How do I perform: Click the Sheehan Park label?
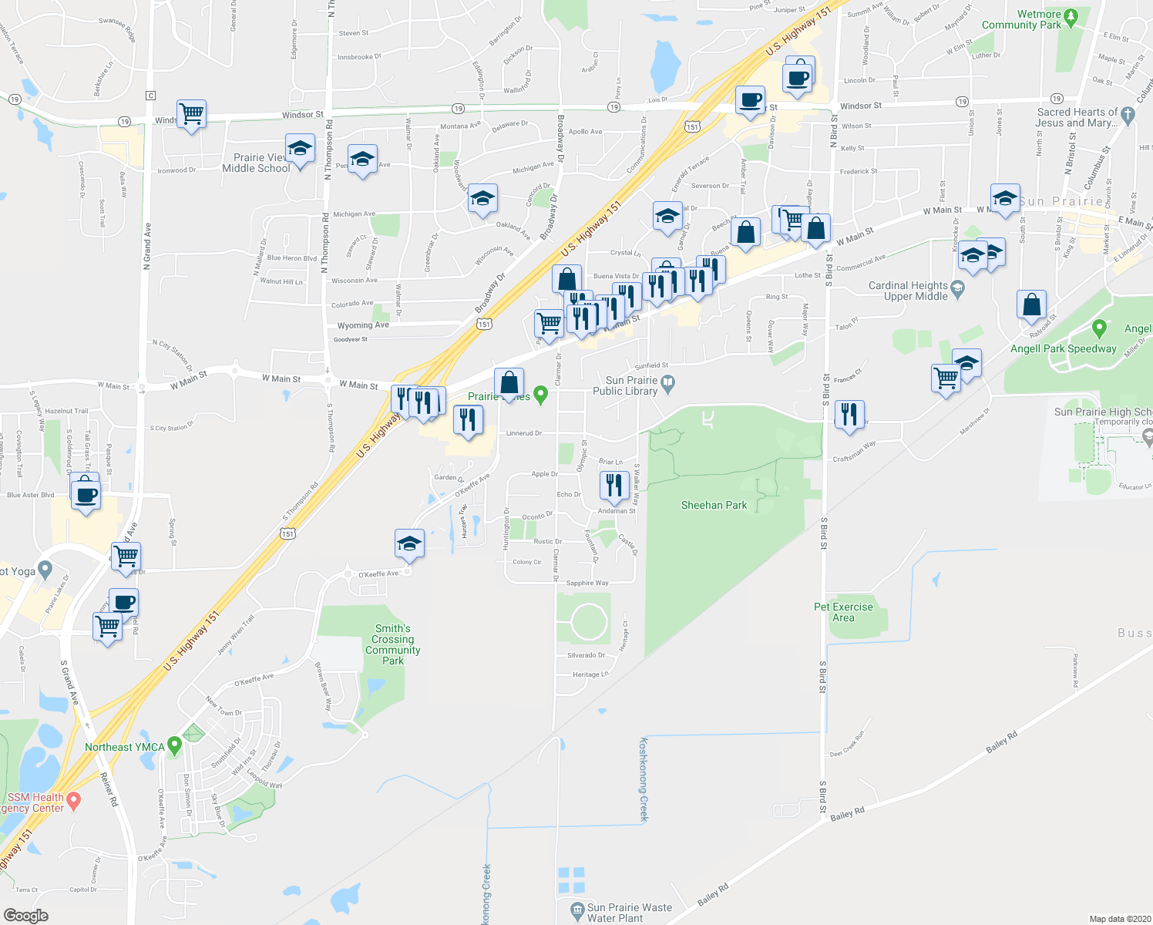tap(714, 506)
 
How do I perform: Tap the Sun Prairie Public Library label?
tap(631, 385)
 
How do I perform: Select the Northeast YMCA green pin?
tap(174, 745)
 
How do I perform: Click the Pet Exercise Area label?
tap(843, 612)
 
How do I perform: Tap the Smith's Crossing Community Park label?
tap(392, 644)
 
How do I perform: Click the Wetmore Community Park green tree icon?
tap(1070, 15)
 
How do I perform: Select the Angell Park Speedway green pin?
tap(1099, 328)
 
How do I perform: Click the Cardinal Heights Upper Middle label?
tap(908, 291)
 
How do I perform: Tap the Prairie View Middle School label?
tap(256, 163)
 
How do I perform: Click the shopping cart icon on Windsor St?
tap(191, 115)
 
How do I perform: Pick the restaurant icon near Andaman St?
tap(613, 486)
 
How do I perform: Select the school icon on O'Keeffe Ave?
tap(409, 544)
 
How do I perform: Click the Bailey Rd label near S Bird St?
tap(847, 814)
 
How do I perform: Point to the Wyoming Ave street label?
tap(363, 325)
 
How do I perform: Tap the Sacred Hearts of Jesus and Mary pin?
tap(1128, 116)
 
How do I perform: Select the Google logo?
tap(25, 916)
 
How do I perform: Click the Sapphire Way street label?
tap(587, 584)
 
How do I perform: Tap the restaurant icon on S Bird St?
tap(849, 415)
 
